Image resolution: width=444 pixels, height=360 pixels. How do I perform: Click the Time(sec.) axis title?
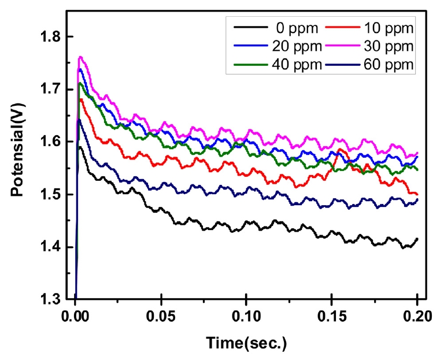[246, 343]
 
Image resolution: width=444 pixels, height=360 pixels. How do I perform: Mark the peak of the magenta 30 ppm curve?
[81, 57]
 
